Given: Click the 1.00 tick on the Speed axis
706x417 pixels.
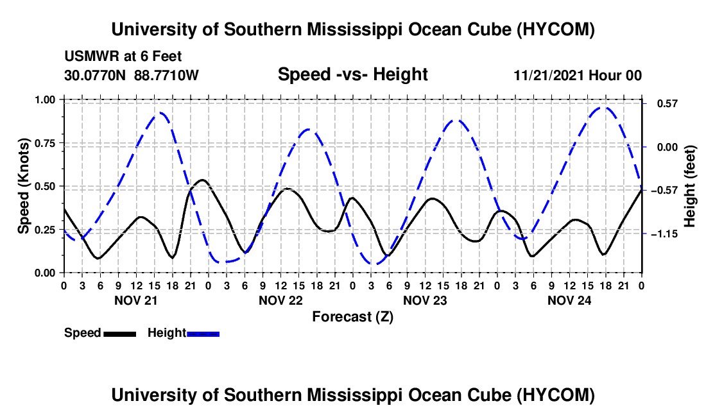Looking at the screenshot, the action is coord(44,99).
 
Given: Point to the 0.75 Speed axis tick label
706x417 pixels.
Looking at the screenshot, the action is coord(44,143).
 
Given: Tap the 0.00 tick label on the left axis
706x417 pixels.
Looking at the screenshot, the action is coord(44,273).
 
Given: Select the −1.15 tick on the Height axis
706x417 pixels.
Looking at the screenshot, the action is coord(664,234).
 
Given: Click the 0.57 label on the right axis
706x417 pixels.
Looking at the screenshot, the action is coord(667,104).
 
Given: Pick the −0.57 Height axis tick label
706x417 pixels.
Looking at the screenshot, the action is coord(664,191).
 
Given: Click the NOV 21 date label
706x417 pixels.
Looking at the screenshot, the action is coord(136,300).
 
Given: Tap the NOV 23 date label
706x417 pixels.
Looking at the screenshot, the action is coord(425,300).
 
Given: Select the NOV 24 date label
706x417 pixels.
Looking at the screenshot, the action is coord(569,300).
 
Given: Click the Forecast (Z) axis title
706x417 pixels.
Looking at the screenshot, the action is coord(352,317).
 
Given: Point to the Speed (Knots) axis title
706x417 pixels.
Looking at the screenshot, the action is coord(23,186).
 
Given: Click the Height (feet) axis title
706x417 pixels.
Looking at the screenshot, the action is coord(690,186).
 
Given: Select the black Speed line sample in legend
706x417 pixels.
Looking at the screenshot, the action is coord(120,334).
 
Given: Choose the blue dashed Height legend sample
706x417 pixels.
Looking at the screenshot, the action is coord(203,334).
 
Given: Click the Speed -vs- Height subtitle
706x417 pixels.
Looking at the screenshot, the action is coord(352,74).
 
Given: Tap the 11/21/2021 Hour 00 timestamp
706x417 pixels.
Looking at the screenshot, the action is coord(578,75).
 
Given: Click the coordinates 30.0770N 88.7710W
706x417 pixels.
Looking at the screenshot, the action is coord(131,75).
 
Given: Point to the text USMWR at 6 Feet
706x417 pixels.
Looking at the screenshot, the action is coord(123,56).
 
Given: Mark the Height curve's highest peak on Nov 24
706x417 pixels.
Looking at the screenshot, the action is coord(604,108).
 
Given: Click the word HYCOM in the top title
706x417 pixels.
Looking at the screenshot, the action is coord(555,30).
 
